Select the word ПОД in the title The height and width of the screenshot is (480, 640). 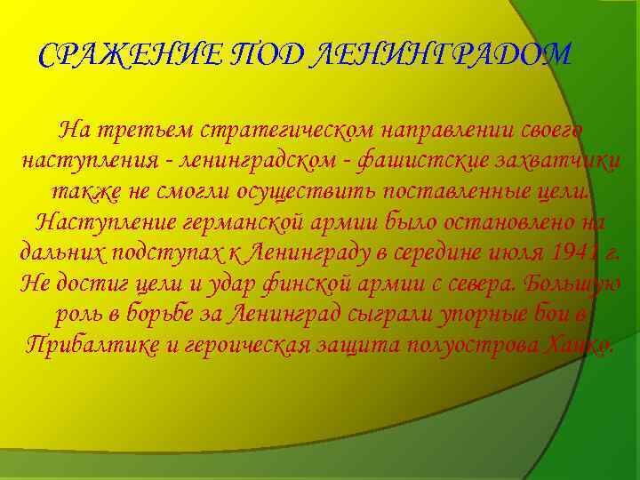click(x=261, y=57)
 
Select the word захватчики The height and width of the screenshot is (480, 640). click(x=552, y=163)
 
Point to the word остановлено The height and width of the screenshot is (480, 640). click(x=503, y=221)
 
